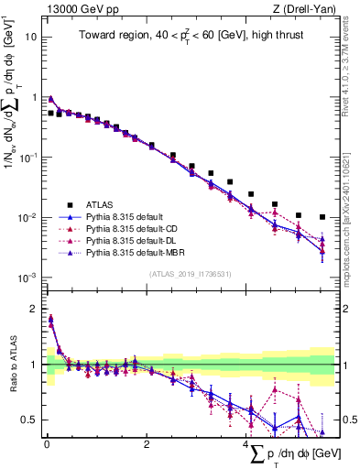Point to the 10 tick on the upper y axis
tap(32, 38)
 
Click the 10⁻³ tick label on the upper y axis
tap(28, 278)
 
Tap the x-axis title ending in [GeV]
tap(301, 456)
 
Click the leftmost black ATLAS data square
tap(50, 113)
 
